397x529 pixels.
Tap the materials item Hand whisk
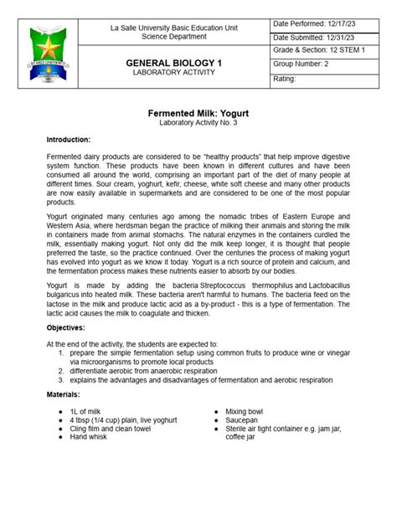pos(93,436)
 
